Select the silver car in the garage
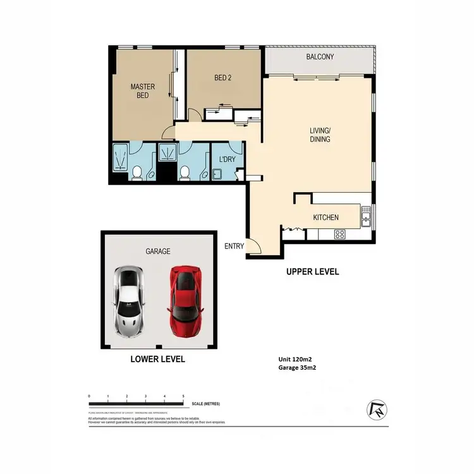point(128,300)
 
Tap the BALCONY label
point(320,57)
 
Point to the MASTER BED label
point(143,91)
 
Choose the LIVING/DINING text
point(320,135)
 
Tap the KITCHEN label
point(326,217)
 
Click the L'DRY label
point(227,160)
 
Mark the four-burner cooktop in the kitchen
point(339,234)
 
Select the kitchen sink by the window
point(365,217)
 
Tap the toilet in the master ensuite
point(137,172)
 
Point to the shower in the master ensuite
point(119,157)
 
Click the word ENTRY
point(234,246)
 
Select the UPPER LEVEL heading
point(313,272)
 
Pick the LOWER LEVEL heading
point(157,359)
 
